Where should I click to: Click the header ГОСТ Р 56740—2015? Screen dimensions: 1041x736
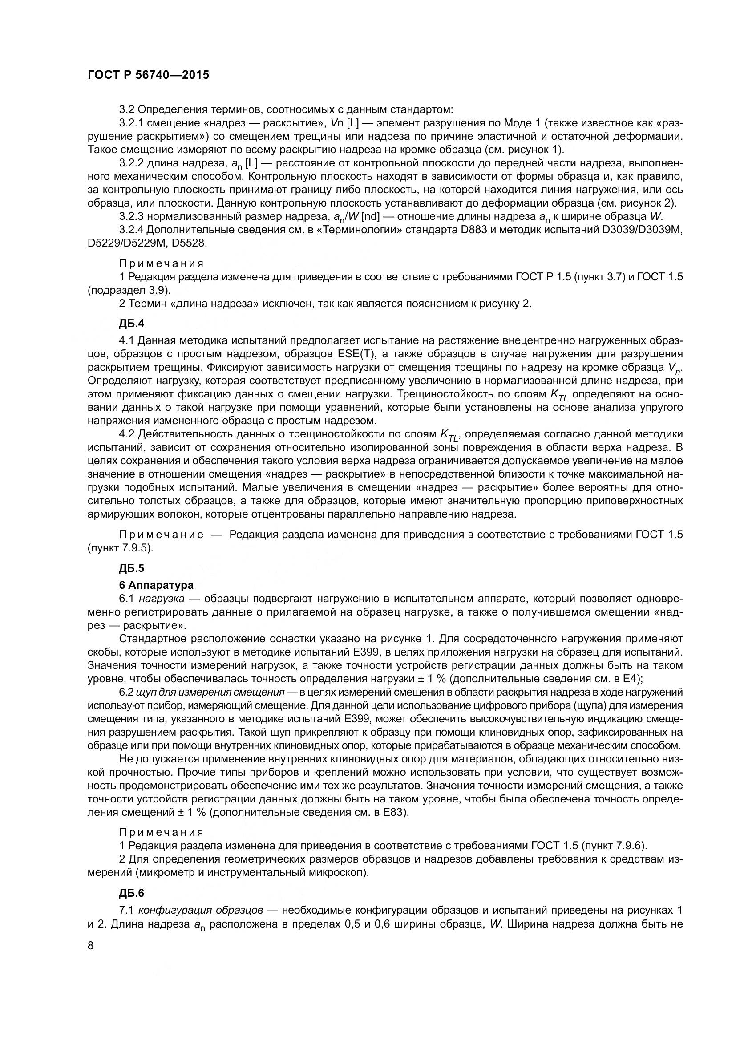click(148, 75)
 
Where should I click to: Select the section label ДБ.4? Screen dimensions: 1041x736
click(131, 324)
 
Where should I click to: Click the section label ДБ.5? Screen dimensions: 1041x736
click(131, 567)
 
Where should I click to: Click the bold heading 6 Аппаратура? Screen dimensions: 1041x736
click(156, 585)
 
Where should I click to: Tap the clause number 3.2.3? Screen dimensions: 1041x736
click(131, 216)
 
